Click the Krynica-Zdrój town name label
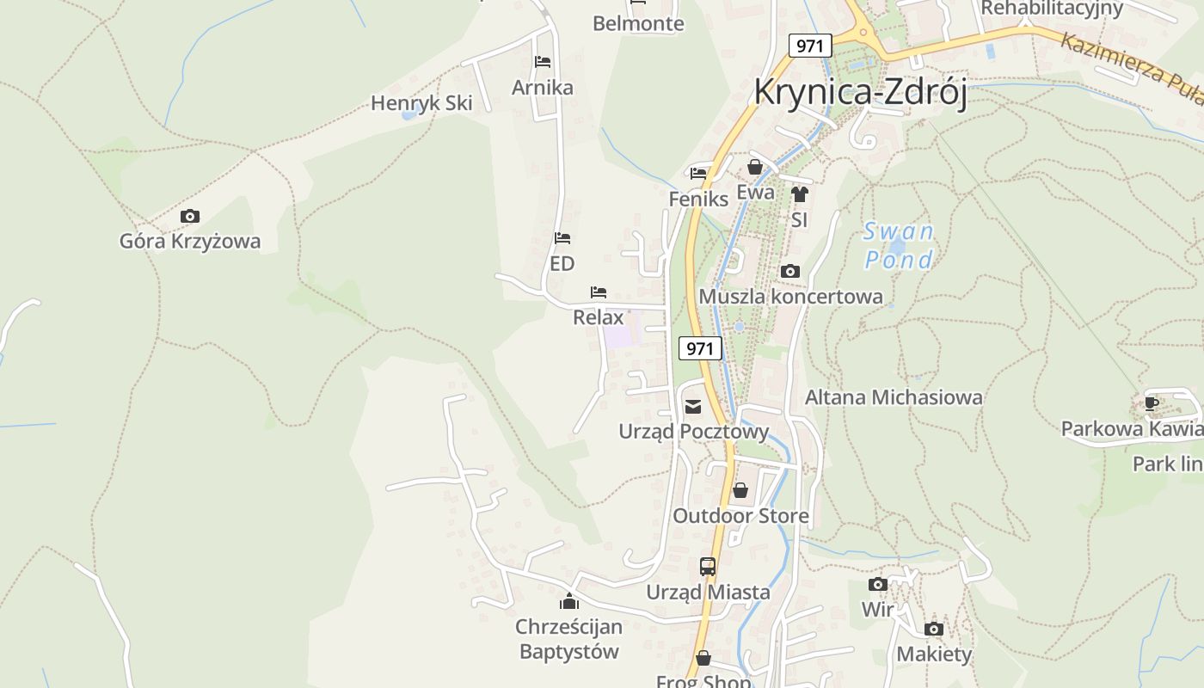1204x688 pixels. click(860, 92)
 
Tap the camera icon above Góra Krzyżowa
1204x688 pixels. click(190, 216)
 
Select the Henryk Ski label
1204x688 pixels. click(421, 103)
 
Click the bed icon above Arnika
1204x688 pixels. click(543, 62)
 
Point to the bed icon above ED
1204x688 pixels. click(562, 237)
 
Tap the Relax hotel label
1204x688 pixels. click(598, 317)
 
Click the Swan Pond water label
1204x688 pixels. click(899, 245)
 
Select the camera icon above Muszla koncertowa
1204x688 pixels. click(789, 272)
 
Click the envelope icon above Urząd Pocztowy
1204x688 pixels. click(693, 406)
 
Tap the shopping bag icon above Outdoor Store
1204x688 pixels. click(740, 490)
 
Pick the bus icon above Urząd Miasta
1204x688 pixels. click(708, 567)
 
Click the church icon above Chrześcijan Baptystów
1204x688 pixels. click(568, 601)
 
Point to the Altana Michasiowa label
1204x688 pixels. click(894, 397)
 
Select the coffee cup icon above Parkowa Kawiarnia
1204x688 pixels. click(1152, 402)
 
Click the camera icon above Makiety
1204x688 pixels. click(934, 629)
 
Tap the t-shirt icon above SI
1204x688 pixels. click(800, 194)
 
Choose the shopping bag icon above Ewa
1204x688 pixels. click(755, 167)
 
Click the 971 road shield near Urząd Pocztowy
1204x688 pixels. click(700, 348)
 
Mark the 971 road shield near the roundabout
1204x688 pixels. click(810, 46)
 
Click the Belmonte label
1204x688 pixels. click(638, 24)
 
